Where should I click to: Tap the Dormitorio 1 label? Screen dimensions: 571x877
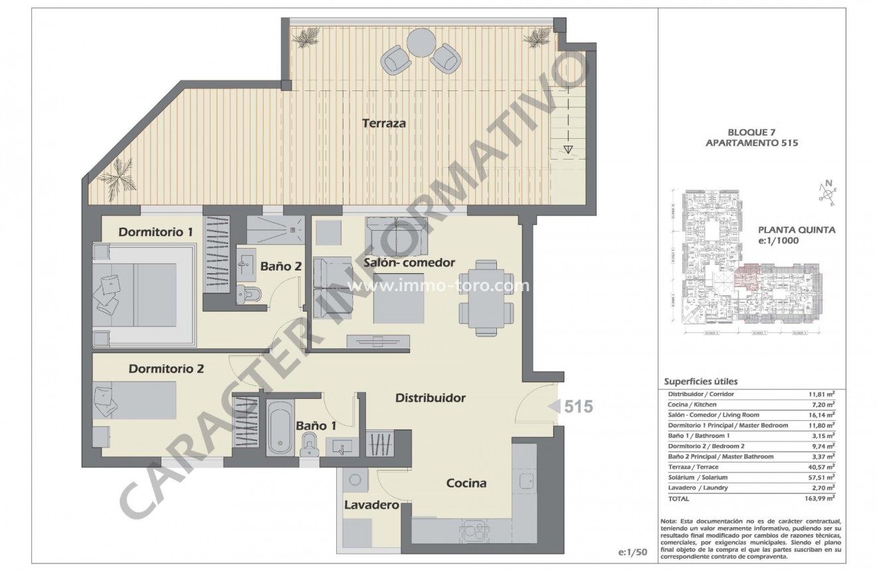[155, 232]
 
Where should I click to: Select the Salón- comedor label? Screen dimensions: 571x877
[409, 263]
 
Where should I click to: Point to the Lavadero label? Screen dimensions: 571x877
[371, 505]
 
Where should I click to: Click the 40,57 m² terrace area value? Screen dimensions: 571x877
[821, 467]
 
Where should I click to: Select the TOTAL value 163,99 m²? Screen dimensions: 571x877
[820, 498]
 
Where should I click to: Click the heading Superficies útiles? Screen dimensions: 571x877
[701, 382]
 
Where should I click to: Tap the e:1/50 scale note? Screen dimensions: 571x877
[632, 552]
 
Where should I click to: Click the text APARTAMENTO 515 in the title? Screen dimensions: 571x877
[751, 161]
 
